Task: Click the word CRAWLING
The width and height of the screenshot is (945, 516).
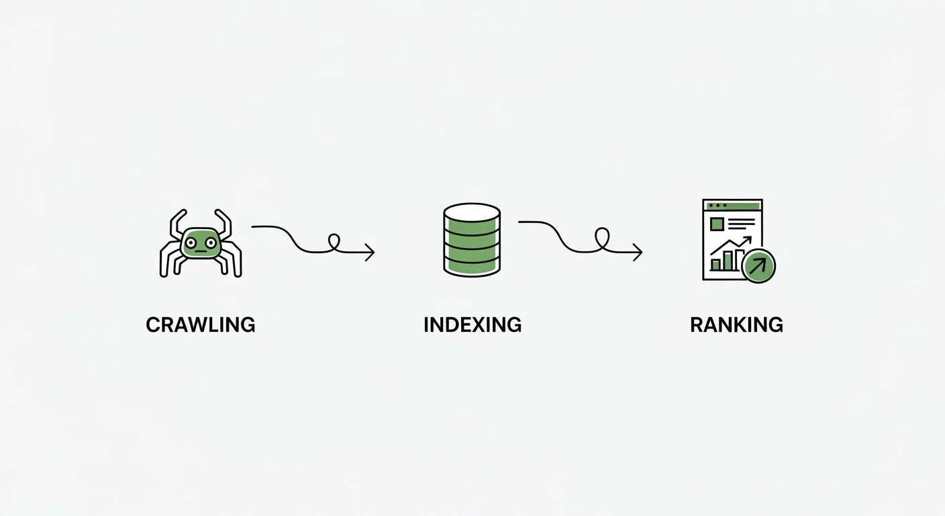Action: (x=200, y=325)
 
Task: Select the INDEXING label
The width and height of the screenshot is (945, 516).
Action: (x=472, y=325)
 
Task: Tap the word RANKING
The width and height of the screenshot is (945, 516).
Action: (x=736, y=325)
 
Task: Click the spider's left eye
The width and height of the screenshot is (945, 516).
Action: (x=191, y=242)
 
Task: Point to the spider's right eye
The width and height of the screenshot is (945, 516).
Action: (x=211, y=242)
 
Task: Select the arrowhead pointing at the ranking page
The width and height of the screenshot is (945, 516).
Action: (x=638, y=253)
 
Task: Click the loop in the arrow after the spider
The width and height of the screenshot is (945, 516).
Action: (x=334, y=243)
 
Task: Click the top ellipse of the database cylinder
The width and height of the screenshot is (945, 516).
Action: (x=472, y=212)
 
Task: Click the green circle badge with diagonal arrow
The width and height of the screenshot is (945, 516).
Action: (x=758, y=266)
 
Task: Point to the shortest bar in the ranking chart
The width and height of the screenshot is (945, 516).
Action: (x=715, y=265)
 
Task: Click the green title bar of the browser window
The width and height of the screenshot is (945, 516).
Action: (x=732, y=205)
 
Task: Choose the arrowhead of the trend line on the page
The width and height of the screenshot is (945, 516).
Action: (x=748, y=240)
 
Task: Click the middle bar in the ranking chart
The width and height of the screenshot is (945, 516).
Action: (x=727, y=261)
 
